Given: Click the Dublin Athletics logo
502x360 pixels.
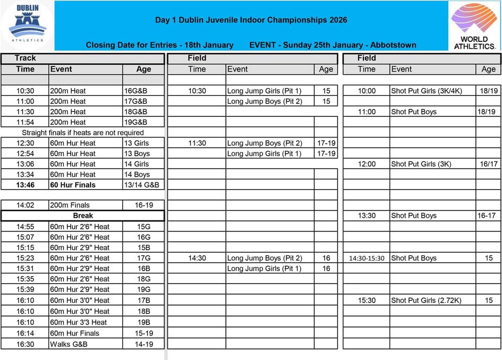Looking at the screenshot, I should tap(27, 25).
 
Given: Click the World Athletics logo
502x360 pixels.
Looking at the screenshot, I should tap(474, 26).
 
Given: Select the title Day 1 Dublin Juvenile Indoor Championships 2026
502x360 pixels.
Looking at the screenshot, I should tap(251, 20).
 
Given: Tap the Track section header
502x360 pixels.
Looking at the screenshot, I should tap(25, 58).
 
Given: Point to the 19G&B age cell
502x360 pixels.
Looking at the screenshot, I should tap(135, 122).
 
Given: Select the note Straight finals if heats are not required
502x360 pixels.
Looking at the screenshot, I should tap(83, 133).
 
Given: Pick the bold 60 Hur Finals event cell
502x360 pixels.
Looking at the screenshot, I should tap(73, 185).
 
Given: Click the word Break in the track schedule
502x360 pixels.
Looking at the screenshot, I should tap(83, 215).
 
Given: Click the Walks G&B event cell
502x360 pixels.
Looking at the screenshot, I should tap(69, 344).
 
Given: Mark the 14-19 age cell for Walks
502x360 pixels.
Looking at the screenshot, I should tap(144, 344).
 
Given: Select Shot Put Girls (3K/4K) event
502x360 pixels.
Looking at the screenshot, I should tap(426, 91).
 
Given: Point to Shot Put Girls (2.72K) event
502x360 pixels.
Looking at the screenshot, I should tap(426, 300).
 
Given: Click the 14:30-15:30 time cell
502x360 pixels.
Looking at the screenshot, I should tap(367, 258).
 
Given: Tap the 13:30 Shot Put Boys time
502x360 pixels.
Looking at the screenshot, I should tap(367, 216).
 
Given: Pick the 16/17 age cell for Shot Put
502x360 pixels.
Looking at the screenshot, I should tap(488, 164).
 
